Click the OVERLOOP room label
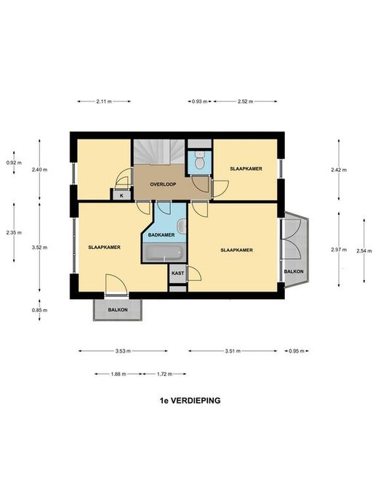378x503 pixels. click(x=163, y=184)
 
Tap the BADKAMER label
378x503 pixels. click(x=161, y=235)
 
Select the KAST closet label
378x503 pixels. click(x=177, y=273)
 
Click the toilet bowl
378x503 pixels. click(x=200, y=160)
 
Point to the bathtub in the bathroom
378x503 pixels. click(x=164, y=253)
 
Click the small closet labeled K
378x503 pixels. click(x=121, y=195)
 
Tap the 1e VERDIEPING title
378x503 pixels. click(x=190, y=401)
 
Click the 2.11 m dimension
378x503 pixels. click(x=104, y=102)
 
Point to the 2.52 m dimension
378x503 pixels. click(x=246, y=102)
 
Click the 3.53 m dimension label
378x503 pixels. click(x=123, y=351)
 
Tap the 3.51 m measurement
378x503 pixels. click(x=233, y=351)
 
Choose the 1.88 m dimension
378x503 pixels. click(x=118, y=374)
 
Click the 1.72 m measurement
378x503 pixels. click(x=164, y=374)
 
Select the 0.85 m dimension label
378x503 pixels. click(x=39, y=310)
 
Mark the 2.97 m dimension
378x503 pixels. click(x=339, y=250)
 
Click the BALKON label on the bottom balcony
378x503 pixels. click(x=118, y=310)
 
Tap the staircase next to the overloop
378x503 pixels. click(x=160, y=152)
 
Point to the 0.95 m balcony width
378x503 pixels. click(x=297, y=351)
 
